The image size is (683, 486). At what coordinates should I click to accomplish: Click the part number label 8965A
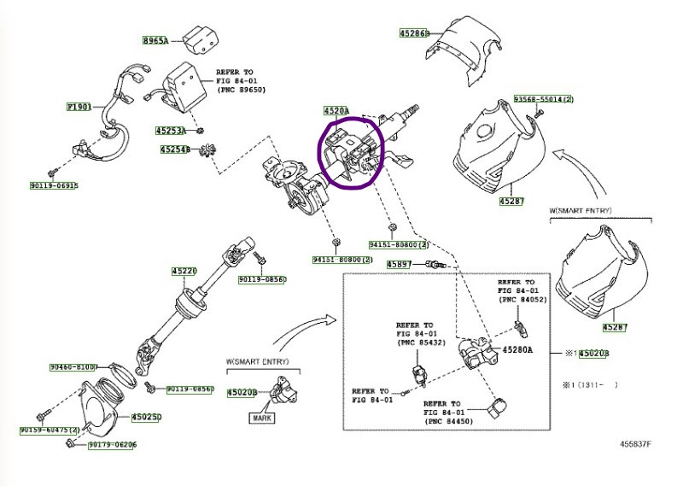(x=155, y=40)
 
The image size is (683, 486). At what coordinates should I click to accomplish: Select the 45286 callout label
(x=414, y=33)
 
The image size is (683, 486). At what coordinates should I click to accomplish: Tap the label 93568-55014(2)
(x=544, y=100)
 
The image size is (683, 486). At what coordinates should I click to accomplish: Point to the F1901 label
(x=79, y=108)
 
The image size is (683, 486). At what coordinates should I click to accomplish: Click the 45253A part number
(x=171, y=132)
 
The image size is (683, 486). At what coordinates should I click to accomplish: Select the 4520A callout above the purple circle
(x=336, y=111)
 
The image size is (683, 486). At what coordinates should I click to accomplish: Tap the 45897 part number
(x=400, y=265)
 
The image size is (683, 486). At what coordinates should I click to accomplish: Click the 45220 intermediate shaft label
(x=184, y=272)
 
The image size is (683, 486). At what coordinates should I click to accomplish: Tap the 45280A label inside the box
(x=517, y=350)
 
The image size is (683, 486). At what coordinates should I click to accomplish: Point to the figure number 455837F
(x=635, y=445)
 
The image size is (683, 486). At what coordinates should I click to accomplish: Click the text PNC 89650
(x=242, y=89)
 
